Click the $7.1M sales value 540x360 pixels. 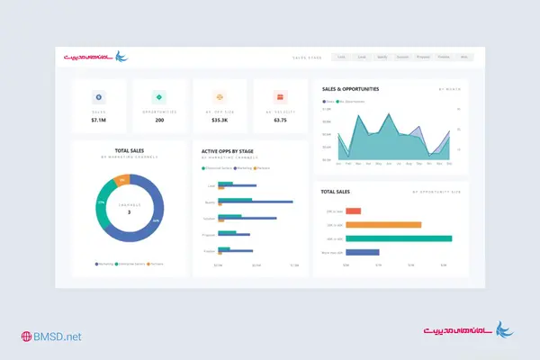[99, 120]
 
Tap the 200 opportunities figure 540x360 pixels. [159, 120]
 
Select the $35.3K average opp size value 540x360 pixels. [220, 120]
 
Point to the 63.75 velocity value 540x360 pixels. [280, 120]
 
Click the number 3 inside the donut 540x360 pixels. [129, 212]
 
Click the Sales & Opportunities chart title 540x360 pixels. [350, 89]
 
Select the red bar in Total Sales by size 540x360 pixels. [353, 211]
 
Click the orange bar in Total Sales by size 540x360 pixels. [383, 225]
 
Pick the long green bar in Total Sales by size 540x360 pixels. [399, 238]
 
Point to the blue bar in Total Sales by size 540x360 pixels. [362, 253]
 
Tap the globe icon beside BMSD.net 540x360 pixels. [27, 337]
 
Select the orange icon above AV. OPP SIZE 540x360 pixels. [220, 96]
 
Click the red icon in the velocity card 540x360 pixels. [280, 96]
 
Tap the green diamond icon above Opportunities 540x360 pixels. [159, 96]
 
